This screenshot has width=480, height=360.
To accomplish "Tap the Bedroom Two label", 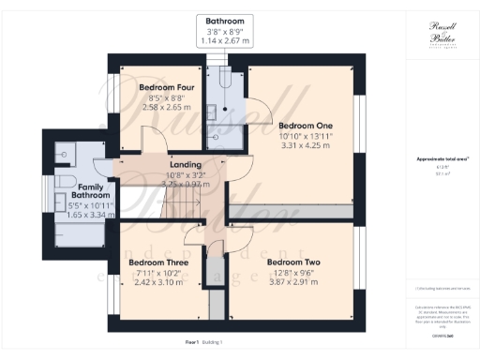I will click(293, 262).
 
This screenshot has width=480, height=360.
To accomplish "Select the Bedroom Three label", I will click(157, 262).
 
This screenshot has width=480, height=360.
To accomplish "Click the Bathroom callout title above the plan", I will click(225, 21).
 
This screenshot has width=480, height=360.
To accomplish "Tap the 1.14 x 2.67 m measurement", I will click(225, 41).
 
